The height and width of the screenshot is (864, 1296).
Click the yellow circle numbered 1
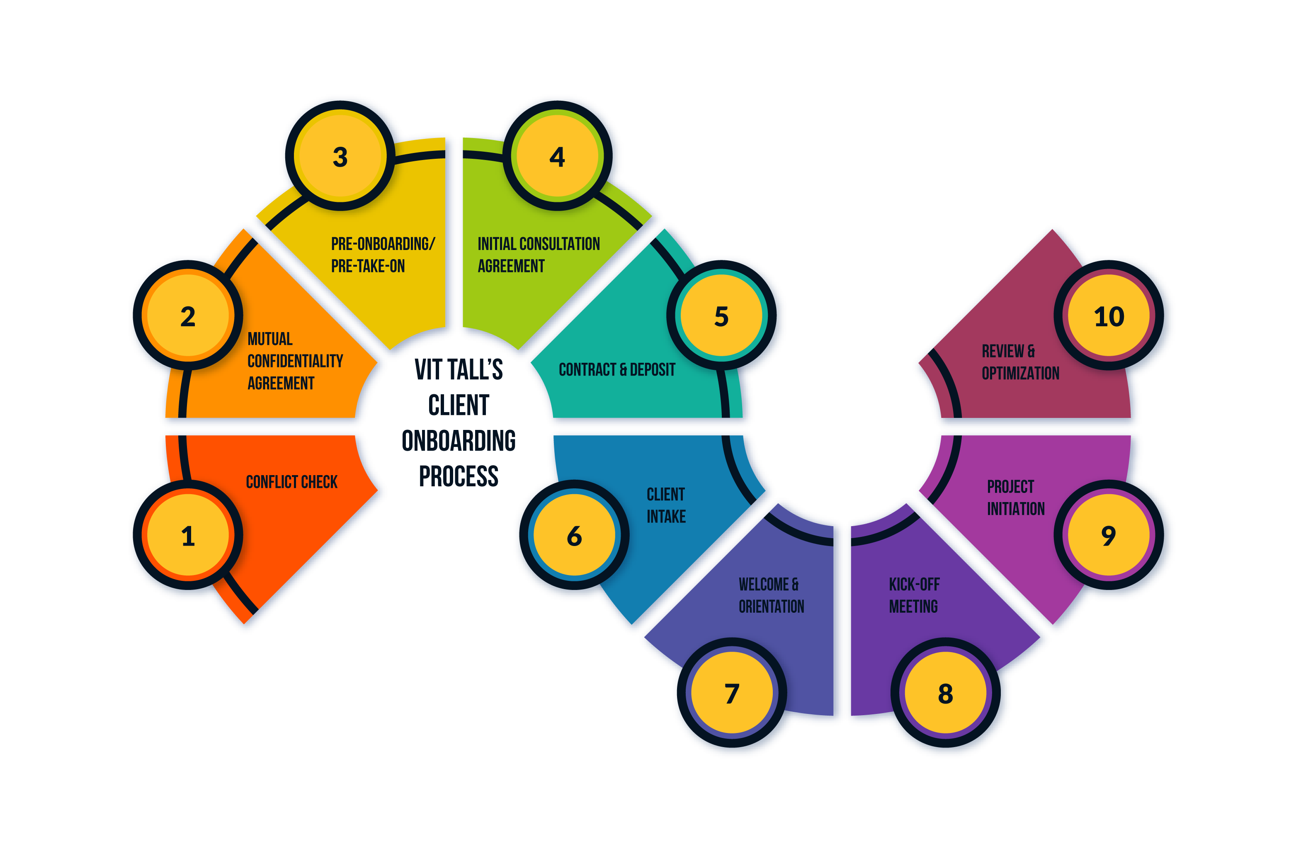pos(188,535)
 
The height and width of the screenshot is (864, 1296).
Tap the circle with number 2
pos(188,316)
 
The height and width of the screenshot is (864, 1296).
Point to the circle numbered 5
pos(721,316)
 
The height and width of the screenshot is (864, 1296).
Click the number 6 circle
pos(574,535)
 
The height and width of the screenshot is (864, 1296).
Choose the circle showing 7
pos(732,693)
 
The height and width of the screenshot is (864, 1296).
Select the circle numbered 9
pos(1109,535)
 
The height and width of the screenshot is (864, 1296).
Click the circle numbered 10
pos(1109,316)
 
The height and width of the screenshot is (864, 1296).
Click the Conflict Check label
pos(291,482)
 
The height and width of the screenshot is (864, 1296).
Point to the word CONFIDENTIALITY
pos(295,361)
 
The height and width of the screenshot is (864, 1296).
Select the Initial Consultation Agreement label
pos(539,255)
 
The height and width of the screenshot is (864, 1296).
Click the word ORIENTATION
pos(772,607)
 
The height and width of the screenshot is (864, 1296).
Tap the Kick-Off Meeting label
pos(914,595)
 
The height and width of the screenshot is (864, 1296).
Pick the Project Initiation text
pos(1015,498)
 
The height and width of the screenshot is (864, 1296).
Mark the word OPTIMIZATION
pos(1020,374)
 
